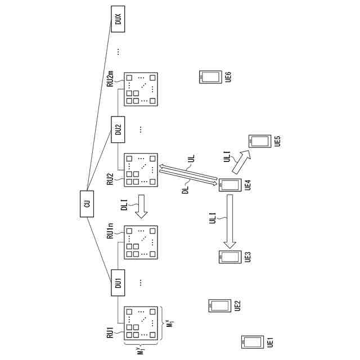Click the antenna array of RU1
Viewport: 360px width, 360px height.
(140, 323)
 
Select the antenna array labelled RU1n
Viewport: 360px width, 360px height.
(140, 242)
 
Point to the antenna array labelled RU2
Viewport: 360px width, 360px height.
(140, 170)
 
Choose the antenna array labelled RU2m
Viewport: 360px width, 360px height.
(140, 89)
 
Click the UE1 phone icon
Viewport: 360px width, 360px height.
(251, 341)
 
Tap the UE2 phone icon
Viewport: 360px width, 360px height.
(219, 305)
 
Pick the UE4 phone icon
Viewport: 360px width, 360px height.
(229, 185)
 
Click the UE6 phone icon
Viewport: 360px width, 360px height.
(210, 76)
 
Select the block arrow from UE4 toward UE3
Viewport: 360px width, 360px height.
(229, 222)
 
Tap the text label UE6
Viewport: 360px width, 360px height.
(228, 77)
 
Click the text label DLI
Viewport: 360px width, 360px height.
(125, 206)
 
